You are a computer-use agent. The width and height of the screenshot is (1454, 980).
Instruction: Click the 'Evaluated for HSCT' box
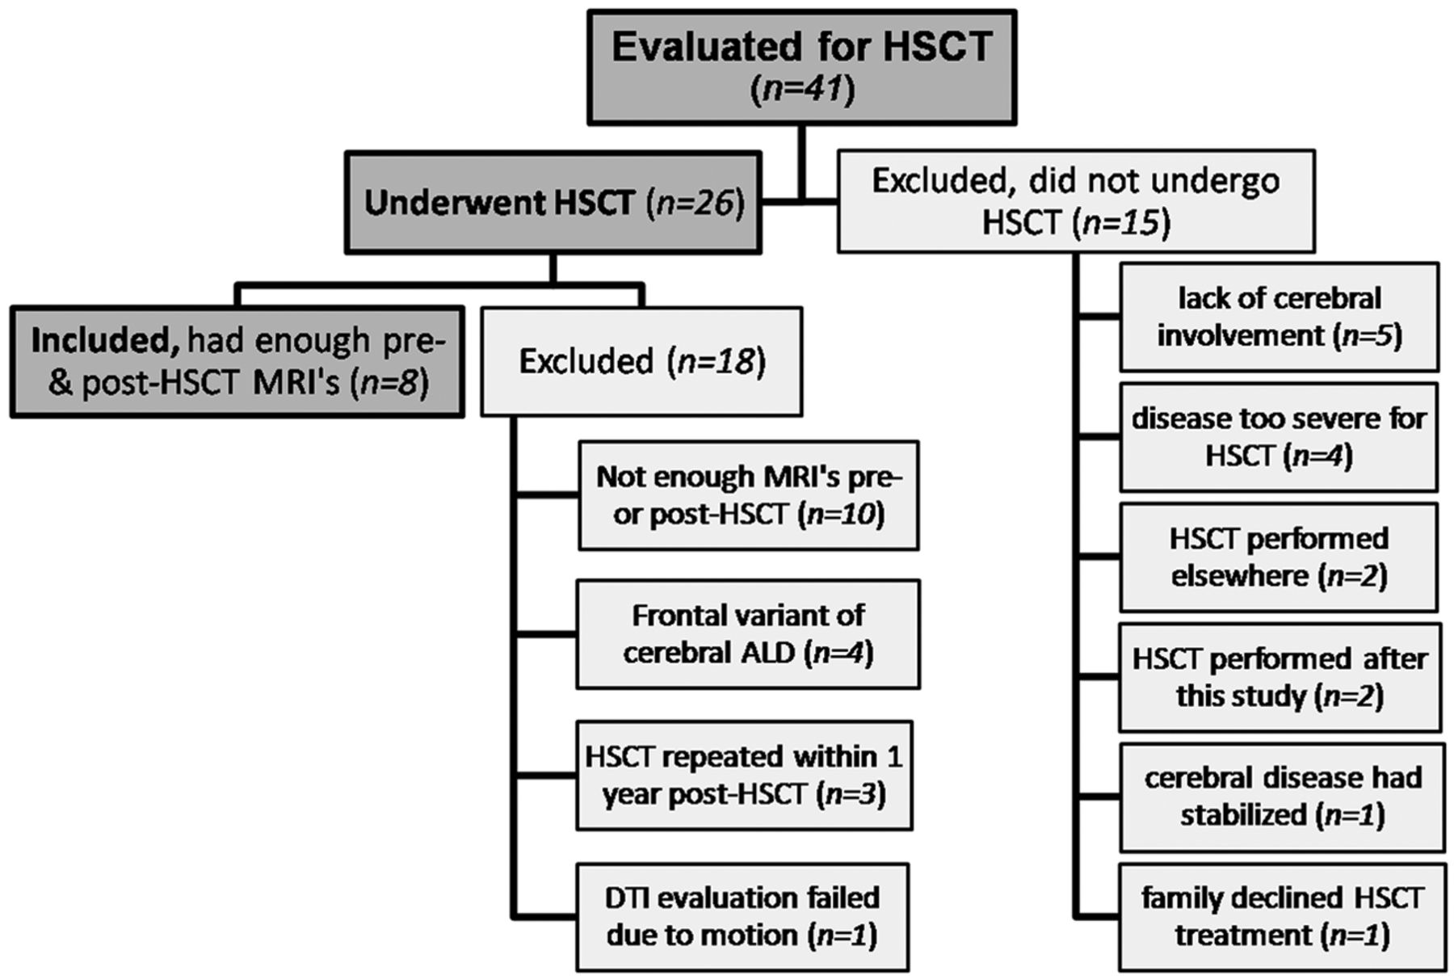801,67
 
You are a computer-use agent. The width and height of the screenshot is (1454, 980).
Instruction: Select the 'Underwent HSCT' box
553,202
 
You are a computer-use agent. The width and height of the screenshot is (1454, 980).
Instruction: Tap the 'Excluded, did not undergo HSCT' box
1076,201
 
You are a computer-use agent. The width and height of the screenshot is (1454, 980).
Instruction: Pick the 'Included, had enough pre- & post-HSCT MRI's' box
237,361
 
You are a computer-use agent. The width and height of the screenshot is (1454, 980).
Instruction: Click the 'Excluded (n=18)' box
641,361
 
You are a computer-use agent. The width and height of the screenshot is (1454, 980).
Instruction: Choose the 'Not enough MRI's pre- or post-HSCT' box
748,495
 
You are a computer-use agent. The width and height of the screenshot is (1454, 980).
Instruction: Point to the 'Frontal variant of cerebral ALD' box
748,634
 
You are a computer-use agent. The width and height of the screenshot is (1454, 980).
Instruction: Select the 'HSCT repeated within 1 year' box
744,776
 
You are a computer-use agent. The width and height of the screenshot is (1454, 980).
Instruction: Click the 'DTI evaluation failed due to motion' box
742,917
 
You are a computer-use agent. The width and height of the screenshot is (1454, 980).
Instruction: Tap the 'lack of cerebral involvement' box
1280,317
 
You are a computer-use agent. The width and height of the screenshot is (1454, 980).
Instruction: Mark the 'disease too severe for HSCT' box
1279,437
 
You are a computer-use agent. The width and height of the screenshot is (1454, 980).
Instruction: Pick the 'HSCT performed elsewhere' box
1279,557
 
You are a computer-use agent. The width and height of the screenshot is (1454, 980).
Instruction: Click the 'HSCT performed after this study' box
1280,677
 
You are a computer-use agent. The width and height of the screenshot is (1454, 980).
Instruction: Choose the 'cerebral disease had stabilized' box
1282,797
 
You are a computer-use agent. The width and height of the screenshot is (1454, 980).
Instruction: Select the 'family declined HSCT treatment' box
1282,917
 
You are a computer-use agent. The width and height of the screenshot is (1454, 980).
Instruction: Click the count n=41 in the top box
802,90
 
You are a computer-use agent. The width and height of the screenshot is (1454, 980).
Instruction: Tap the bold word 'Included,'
105,342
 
